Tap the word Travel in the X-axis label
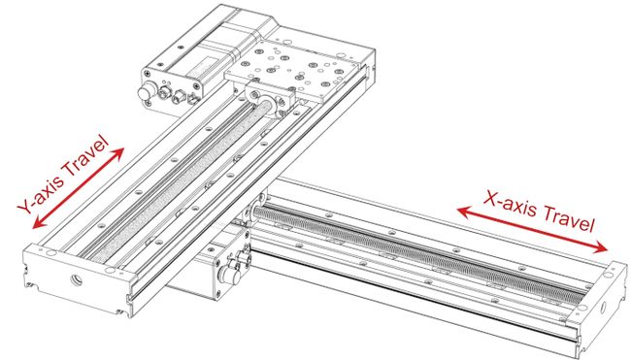(x=567, y=222)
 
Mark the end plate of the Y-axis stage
(x=73, y=277)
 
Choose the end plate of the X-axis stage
(x=596, y=301)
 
